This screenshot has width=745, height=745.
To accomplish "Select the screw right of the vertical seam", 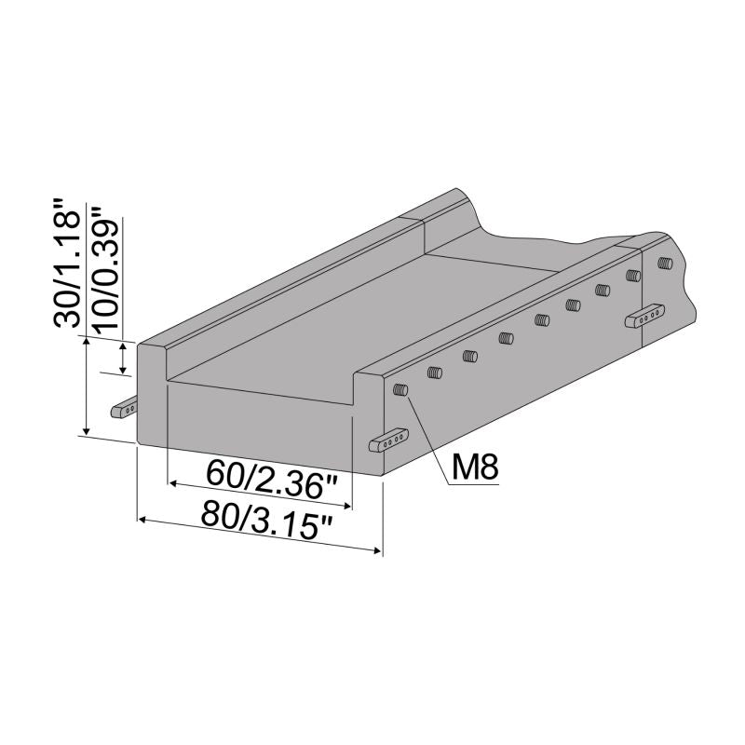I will coord(664,264).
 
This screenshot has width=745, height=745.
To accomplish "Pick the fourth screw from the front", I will coord(506,337).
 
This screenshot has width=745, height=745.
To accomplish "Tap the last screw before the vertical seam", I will coord(633,276).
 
